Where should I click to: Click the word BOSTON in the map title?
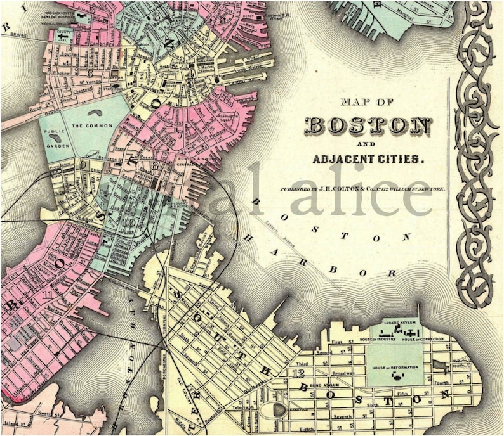pyautogui.click(x=368, y=125)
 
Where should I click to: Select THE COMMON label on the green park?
pyautogui.click(x=87, y=126)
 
